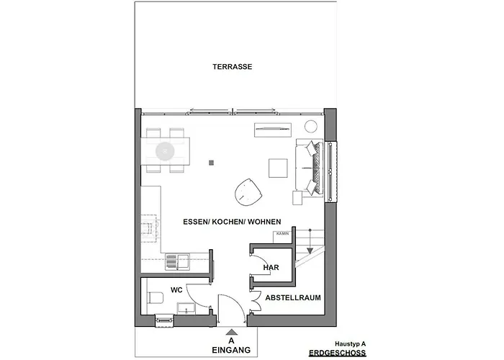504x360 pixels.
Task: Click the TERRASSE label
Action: pos(232,67)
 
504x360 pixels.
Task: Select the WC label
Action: pos(176,290)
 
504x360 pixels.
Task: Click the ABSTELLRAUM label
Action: pos(292,297)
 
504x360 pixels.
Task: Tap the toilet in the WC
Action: pos(154,297)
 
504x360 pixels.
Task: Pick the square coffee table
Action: pos(279,168)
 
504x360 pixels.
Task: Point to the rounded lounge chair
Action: pos(248,192)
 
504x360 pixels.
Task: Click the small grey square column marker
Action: pos(210,163)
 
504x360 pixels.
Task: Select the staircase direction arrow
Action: pos(310,250)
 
